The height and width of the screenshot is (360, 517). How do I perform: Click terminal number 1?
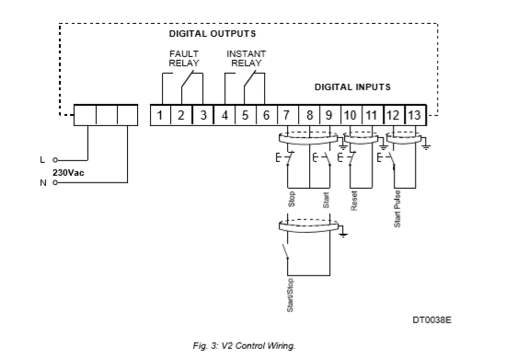pyautogui.click(x=160, y=115)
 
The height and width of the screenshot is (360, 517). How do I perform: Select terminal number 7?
pyautogui.click(x=286, y=115)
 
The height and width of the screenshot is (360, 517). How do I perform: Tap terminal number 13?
pyautogui.click(x=415, y=115)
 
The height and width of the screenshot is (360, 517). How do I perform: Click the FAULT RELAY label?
pyautogui.click(x=184, y=58)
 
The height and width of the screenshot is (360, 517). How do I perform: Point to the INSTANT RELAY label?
pyautogui.click(x=247, y=58)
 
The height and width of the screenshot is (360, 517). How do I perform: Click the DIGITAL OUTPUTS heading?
pyautogui.click(x=213, y=34)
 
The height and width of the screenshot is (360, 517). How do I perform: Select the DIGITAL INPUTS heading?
pyautogui.click(x=352, y=87)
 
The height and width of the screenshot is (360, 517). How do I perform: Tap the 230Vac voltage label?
pyautogui.click(x=68, y=172)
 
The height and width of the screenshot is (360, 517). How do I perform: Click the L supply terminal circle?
pyautogui.click(x=55, y=160)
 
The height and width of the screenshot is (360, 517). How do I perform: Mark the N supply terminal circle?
pyautogui.click(x=55, y=182)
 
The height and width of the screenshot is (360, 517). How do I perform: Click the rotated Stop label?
pyautogui.click(x=292, y=199)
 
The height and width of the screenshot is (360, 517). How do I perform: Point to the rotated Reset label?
pyautogui.click(x=354, y=201)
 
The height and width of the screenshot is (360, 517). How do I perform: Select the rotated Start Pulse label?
pyautogui.click(x=397, y=209)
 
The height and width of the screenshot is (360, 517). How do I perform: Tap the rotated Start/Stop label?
pyautogui.click(x=290, y=296)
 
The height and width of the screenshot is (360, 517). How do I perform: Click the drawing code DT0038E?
pyautogui.click(x=432, y=319)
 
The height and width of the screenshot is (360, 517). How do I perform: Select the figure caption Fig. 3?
pyautogui.click(x=244, y=346)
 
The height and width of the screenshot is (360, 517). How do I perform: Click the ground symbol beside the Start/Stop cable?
pyautogui.click(x=343, y=234)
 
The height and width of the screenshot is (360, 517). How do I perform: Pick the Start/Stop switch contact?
pyautogui.click(x=285, y=251)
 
